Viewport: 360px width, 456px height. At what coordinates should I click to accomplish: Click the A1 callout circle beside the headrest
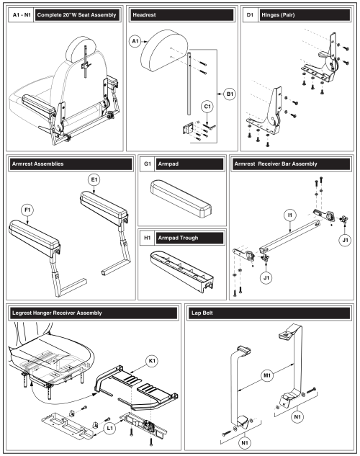[135, 41]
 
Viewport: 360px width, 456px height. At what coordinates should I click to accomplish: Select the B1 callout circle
[230, 94]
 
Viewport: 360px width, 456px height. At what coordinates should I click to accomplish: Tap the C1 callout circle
[207, 107]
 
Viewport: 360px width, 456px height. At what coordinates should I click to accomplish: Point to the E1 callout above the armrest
[94, 179]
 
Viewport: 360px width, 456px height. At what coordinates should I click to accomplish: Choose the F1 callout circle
[27, 210]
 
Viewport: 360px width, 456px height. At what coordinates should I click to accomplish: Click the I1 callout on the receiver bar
[290, 215]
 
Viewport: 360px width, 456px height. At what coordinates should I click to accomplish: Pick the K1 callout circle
[152, 361]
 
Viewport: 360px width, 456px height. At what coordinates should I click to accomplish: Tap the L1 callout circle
[109, 428]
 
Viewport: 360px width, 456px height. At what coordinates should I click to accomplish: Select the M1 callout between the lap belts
[267, 375]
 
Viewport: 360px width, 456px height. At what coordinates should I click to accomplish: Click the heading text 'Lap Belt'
[202, 313]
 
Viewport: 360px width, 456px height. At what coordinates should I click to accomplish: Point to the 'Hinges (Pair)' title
[278, 15]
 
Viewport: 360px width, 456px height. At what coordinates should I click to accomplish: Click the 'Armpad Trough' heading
[178, 238]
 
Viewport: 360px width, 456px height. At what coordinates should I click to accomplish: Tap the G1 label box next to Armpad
[148, 164]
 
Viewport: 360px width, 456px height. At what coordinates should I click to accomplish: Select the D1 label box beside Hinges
[250, 15]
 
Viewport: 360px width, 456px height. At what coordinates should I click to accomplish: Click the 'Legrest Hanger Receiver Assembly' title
[57, 313]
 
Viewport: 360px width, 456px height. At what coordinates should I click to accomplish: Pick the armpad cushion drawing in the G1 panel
[181, 199]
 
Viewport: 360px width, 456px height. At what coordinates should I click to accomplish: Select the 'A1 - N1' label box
[22, 15]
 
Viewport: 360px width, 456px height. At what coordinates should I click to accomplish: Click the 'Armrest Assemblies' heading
[37, 164]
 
